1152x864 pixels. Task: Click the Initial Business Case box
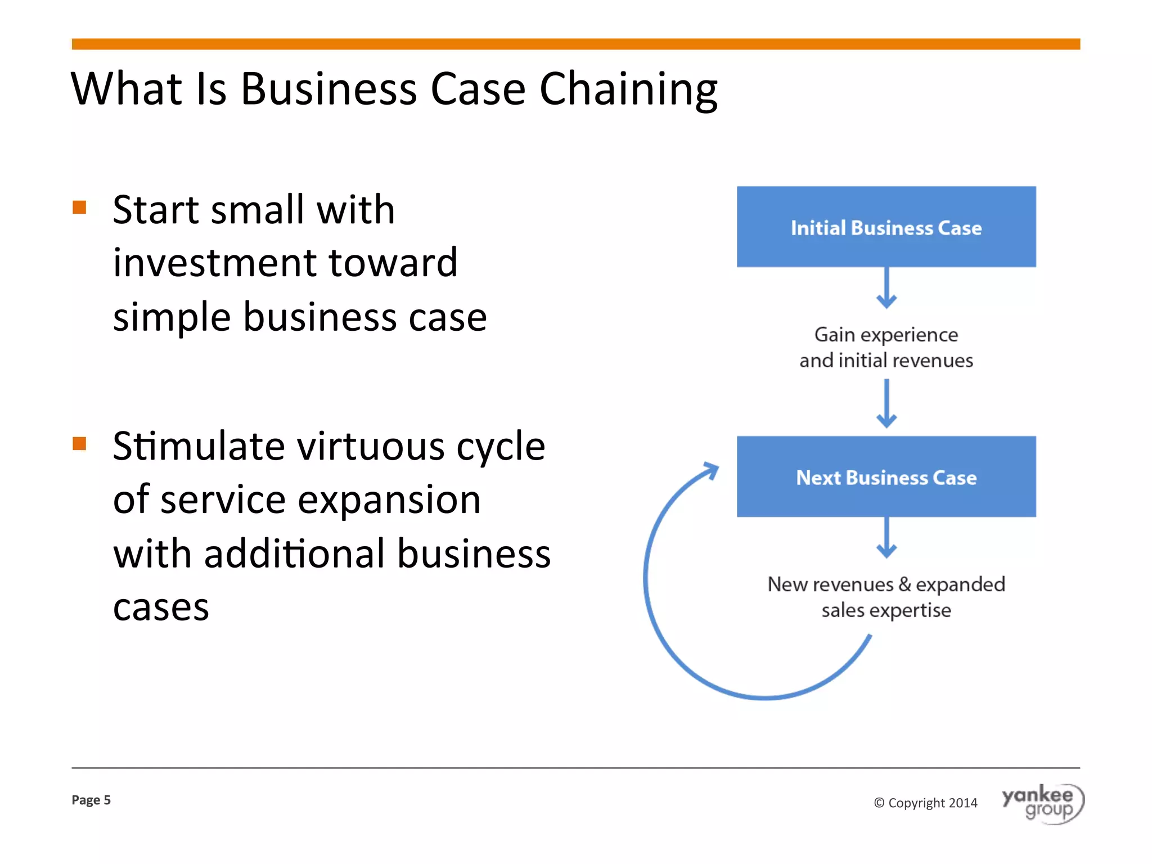pyautogui.click(x=886, y=227)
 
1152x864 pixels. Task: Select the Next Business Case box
pyautogui.click(x=886, y=476)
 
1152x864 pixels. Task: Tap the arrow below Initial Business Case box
pyautogui.click(x=886, y=288)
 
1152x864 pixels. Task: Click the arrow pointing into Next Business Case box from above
pyautogui.click(x=886, y=404)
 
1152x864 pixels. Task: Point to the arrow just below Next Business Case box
pyautogui.click(x=886, y=538)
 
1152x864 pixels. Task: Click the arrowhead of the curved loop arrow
pyautogui.click(x=712, y=469)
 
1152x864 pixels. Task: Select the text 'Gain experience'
pyautogui.click(x=886, y=335)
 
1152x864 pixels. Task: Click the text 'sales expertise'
pyautogui.click(x=886, y=610)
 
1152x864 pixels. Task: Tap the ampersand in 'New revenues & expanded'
pyautogui.click(x=904, y=584)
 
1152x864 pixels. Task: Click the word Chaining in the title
pyautogui.click(x=628, y=89)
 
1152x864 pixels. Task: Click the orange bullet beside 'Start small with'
pyautogui.click(x=79, y=208)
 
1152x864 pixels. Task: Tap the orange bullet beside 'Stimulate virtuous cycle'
pyautogui.click(x=79, y=444)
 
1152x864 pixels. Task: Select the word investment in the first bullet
pyautogui.click(x=214, y=263)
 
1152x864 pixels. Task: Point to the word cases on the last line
pyautogui.click(x=161, y=607)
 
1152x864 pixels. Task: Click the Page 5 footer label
pyautogui.click(x=91, y=800)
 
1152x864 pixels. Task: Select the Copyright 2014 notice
pyautogui.click(x=926, y=803)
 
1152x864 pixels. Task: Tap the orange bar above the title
pyautogui.click(x=576, y=44)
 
